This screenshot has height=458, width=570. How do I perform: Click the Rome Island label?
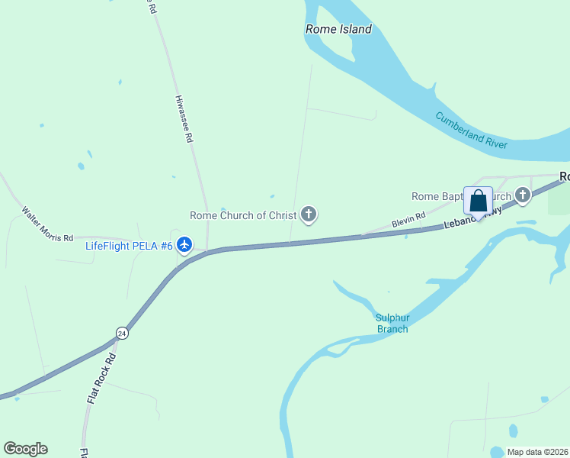pos(338,30)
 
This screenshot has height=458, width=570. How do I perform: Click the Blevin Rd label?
pos(408,221)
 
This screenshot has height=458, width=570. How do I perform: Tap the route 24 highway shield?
pos(121,333)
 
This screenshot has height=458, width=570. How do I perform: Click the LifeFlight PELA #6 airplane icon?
pos(184,245)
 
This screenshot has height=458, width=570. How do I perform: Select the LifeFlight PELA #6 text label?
pos(129,245)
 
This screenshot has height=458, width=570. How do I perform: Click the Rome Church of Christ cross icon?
pos(309,214)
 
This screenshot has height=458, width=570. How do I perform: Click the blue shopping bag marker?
pos(478,202)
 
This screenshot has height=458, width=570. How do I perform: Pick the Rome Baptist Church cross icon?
pos(523,196)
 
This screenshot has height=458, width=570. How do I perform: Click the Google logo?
pos(25,449)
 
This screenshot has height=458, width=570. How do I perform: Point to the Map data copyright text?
pos(537,452)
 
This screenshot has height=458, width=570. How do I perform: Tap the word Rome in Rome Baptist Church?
pos(425,197)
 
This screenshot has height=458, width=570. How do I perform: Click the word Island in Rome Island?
pos(354,30)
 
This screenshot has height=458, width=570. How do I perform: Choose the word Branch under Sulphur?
pos(392,329)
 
